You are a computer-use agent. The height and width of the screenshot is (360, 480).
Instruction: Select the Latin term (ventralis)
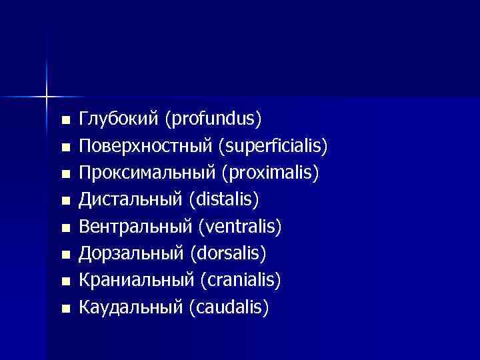[x=240, y=227]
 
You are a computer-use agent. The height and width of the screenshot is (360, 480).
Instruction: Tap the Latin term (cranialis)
[x=241, y=281]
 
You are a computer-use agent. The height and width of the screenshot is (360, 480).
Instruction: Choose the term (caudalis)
[x=229, y=308]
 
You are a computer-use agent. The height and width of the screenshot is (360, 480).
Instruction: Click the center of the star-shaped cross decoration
[x=46, y=97]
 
